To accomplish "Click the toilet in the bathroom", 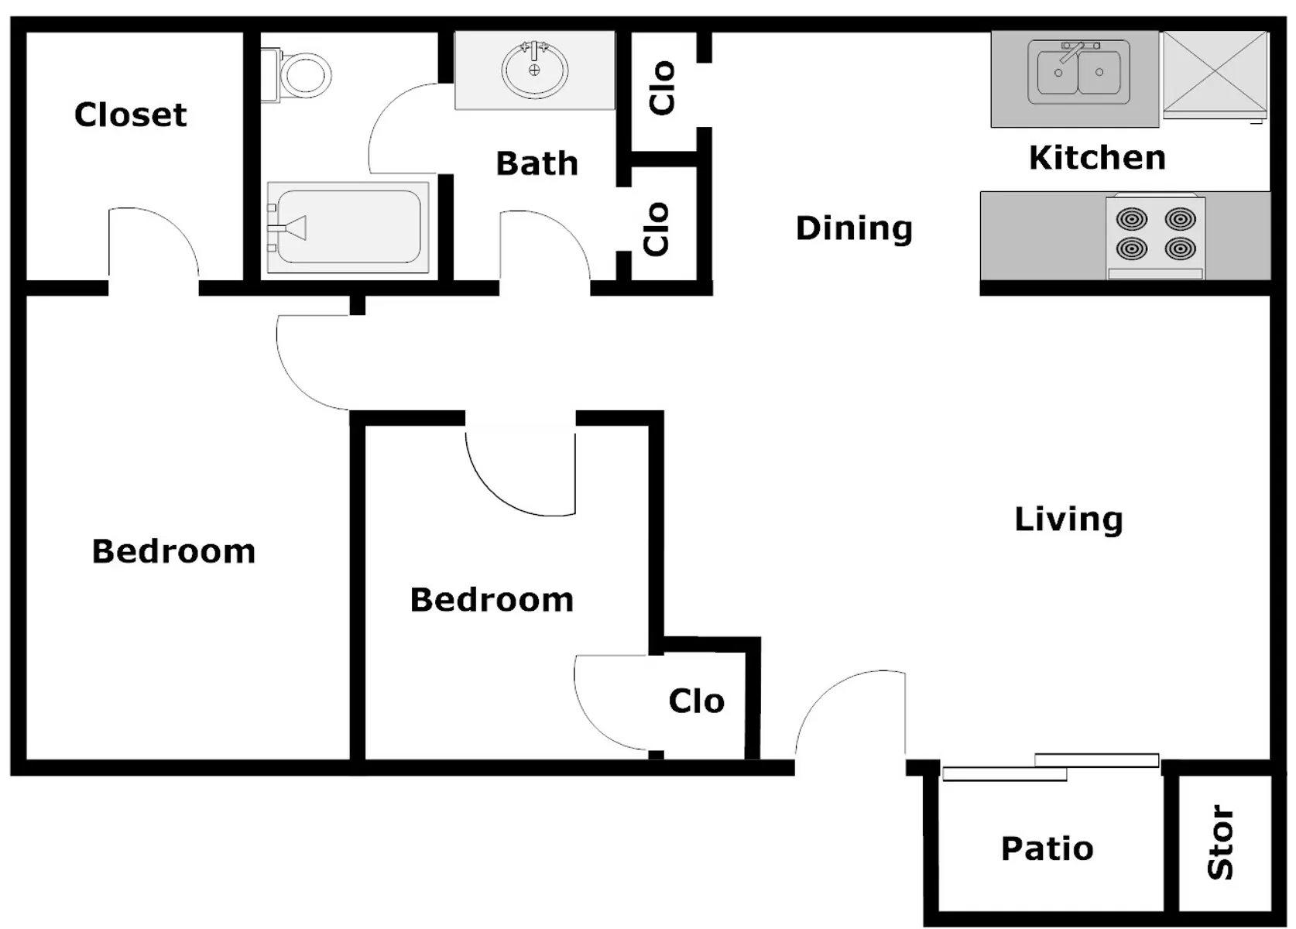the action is pyautogui.click(x=297, y=75).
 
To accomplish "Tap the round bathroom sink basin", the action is pyautogui.click(x=535, y=70).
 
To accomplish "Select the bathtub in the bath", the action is pyautogui.click(x=348, y=228).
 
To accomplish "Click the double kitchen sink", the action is pyautogui.click(x=1078, y=72).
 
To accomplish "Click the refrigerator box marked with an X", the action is pyautogui.click(x=1215, y=74).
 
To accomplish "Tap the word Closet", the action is pyautogui.click(x=131, y=115).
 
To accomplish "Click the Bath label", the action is pyautogui.click(x=537, y=163).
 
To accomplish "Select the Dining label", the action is pyautogui.click(x=854, y=229).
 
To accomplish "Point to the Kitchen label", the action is pyautogui.click(x=1098, y=158).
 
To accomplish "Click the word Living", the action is pyautogui.click(x=1068, y=519).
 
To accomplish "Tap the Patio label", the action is pyautogui.click(x=1047, y=849).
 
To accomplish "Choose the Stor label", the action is pyautogui.click(x=1221, y=842).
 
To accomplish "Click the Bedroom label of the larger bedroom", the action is pyautogui.click(x=173, y=551).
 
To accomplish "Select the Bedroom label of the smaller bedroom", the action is pyautogui.click(x=492, y=600).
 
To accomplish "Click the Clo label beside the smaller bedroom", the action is pyautogui.click(x=697, y=701).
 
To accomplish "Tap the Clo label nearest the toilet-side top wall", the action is pyautogui.click(x=663, y=88).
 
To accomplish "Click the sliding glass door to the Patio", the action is pyautogui.click(x=1051, y=768).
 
